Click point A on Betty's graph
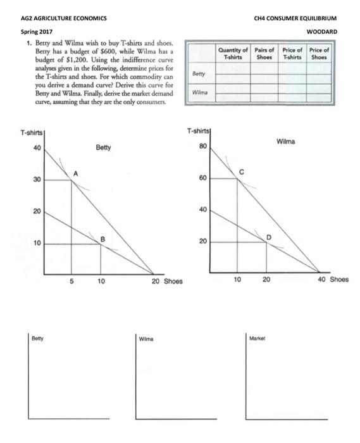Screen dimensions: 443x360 (x=71, y=180)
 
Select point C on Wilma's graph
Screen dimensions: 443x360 (x=237, y=178)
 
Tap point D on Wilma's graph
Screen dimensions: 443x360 (x=266, y=242)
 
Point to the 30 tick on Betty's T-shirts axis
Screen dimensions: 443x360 (x=37, y=180)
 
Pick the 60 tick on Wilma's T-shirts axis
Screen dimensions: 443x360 (x=203, y=178)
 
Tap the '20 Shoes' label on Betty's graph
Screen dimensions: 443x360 (x=167, y=282)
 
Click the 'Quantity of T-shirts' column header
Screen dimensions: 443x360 (x=232, y=53)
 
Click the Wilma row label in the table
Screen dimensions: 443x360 (x=200, y=92)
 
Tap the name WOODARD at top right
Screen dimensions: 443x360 (x=322, y=31)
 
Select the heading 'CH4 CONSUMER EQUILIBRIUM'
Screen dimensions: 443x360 (x=295, y=18)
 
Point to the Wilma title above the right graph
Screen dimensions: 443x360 (x=287, y=142)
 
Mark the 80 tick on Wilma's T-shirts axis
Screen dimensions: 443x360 (x=203, y=146)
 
